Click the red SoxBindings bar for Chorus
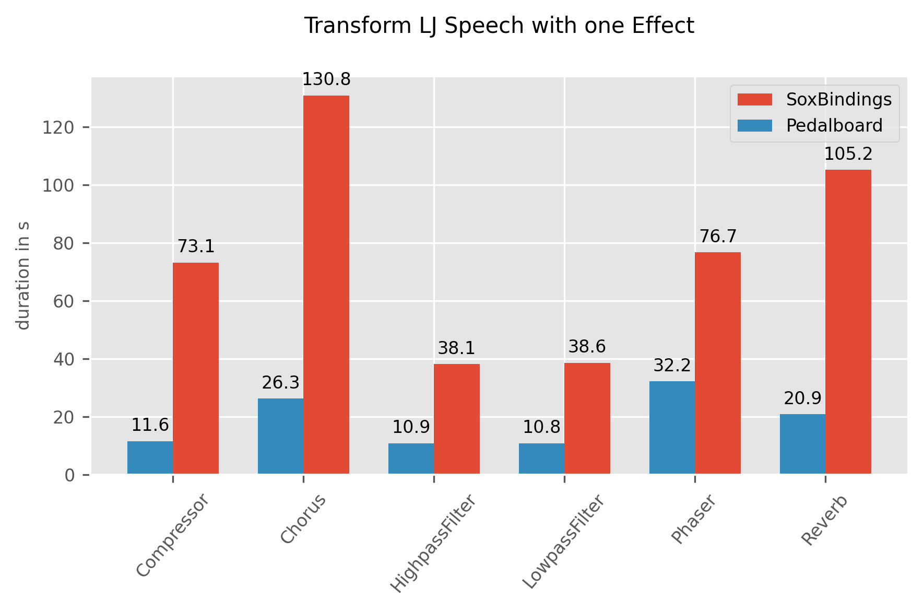326,285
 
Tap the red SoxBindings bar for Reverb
848,322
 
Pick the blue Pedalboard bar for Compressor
150,457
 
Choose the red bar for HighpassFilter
457,419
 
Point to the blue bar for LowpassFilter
541,459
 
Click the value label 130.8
326,79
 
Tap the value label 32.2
672,366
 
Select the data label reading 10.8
541,427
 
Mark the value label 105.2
848,154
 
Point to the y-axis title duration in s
23,276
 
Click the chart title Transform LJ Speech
499,26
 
